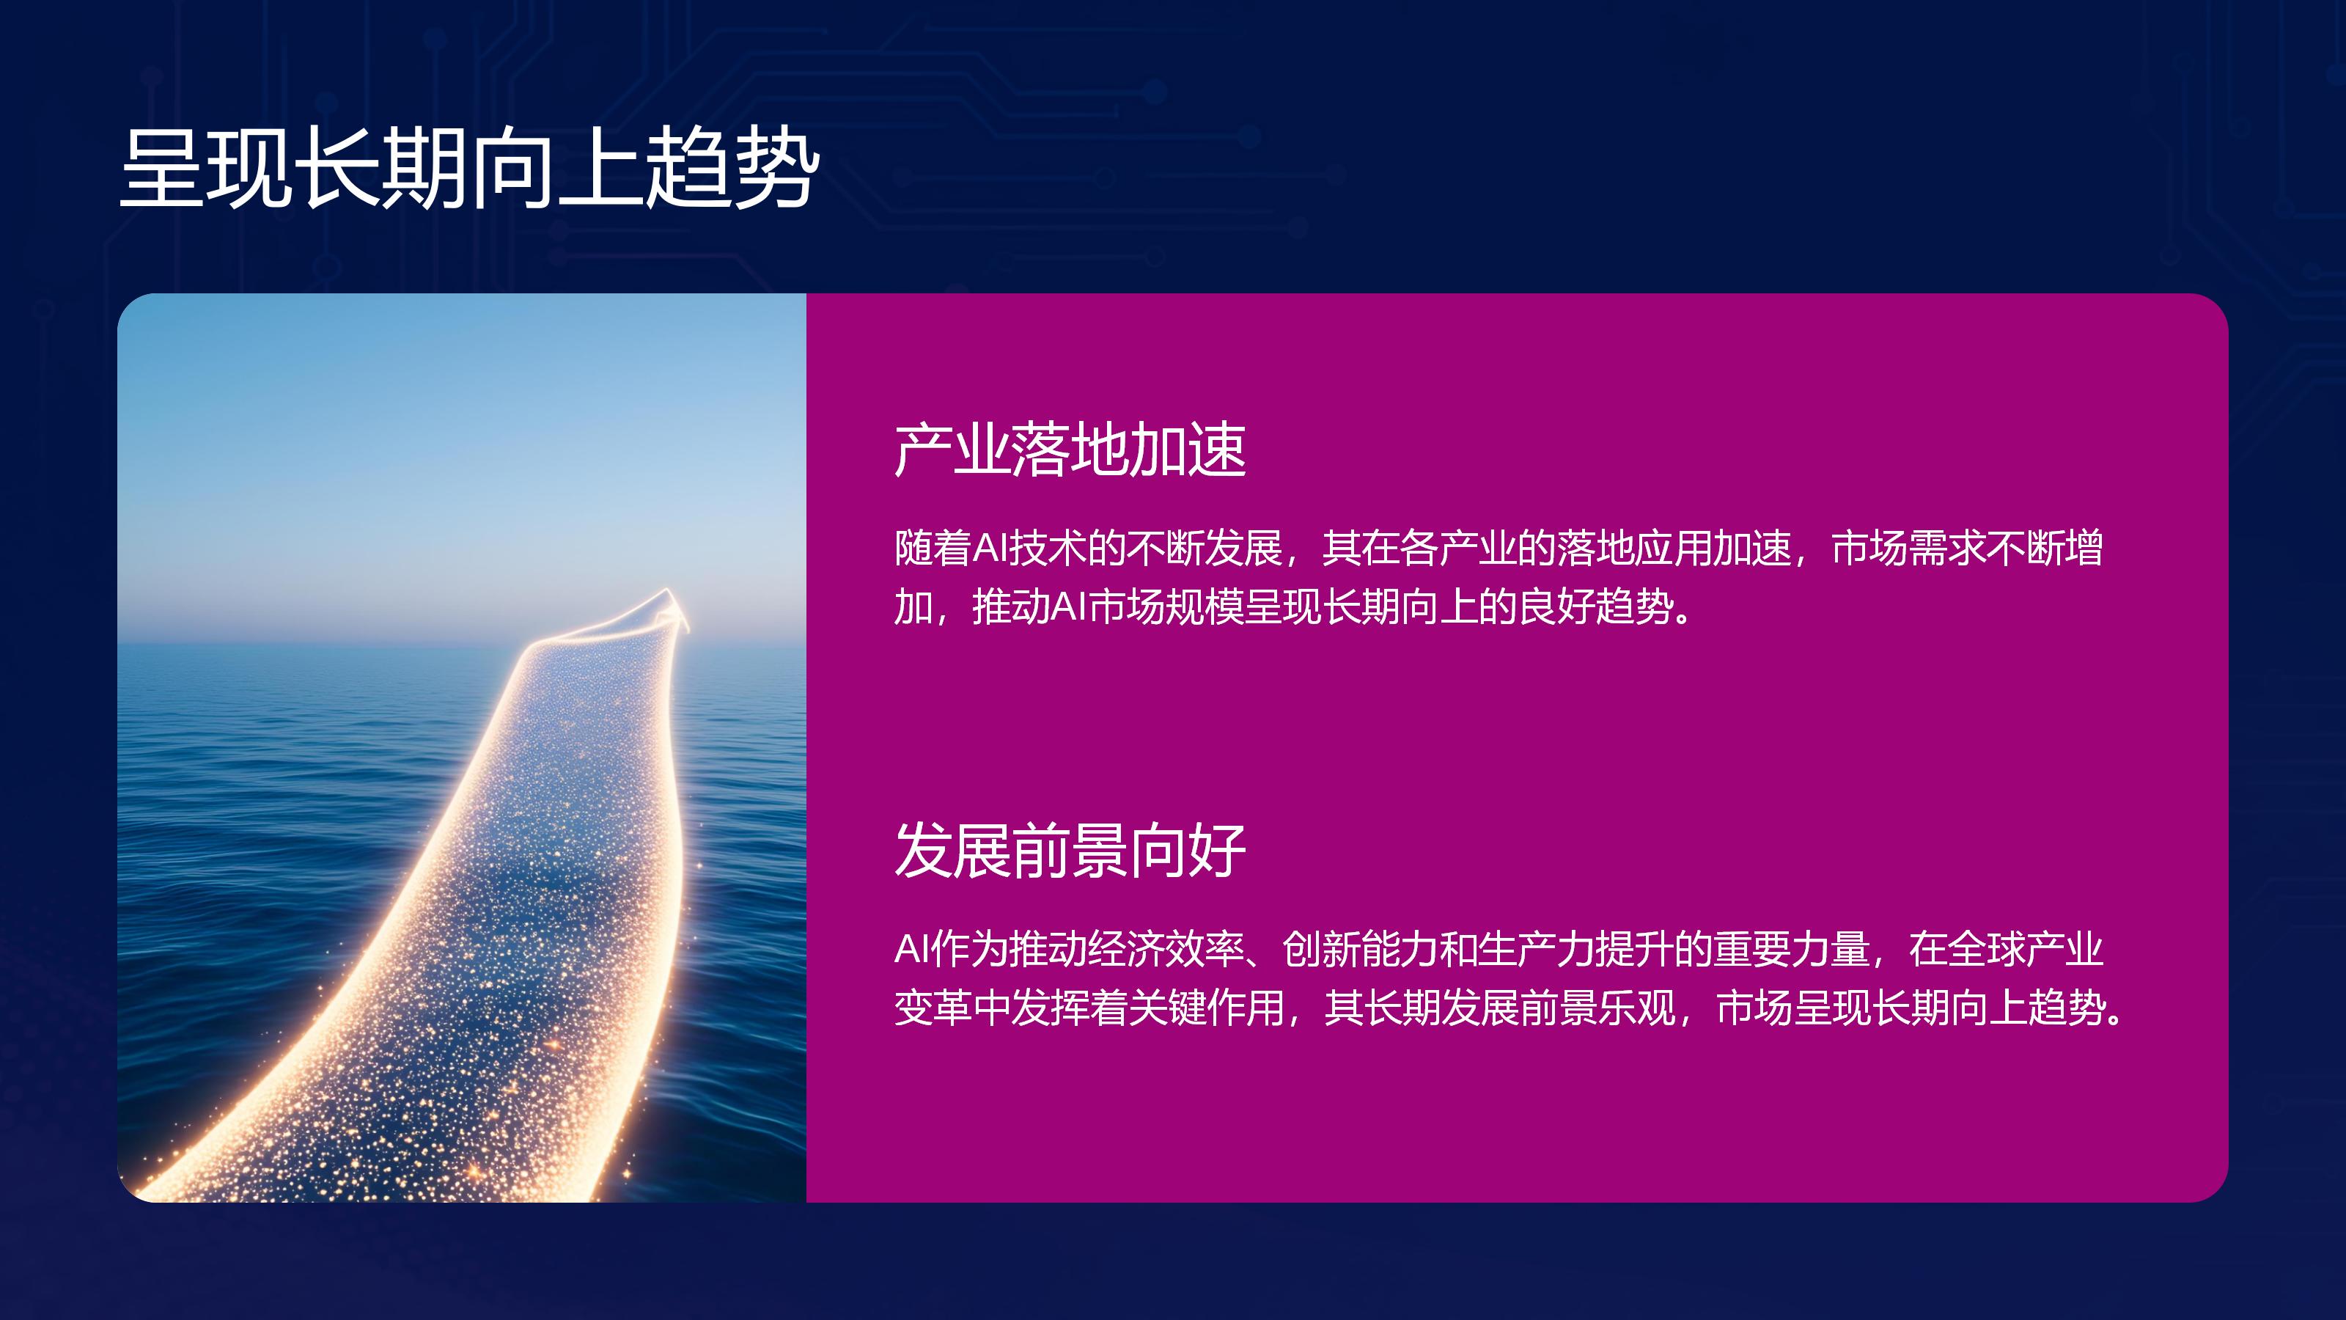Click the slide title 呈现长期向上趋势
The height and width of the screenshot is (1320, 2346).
469,168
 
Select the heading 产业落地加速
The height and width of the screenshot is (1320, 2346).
1070,450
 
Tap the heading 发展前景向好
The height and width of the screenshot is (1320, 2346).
1070,851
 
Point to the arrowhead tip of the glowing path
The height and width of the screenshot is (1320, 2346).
668,590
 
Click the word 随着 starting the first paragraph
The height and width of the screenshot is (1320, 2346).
933,549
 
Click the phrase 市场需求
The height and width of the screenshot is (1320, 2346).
1909,549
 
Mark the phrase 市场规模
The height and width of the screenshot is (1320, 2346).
1166,606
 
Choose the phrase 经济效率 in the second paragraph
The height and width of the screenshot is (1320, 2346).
1165,949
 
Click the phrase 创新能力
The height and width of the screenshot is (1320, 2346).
1361,949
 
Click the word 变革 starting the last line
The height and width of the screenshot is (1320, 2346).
933,1008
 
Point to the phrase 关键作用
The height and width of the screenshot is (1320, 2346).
1205,1008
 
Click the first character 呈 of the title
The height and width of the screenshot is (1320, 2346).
163,168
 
